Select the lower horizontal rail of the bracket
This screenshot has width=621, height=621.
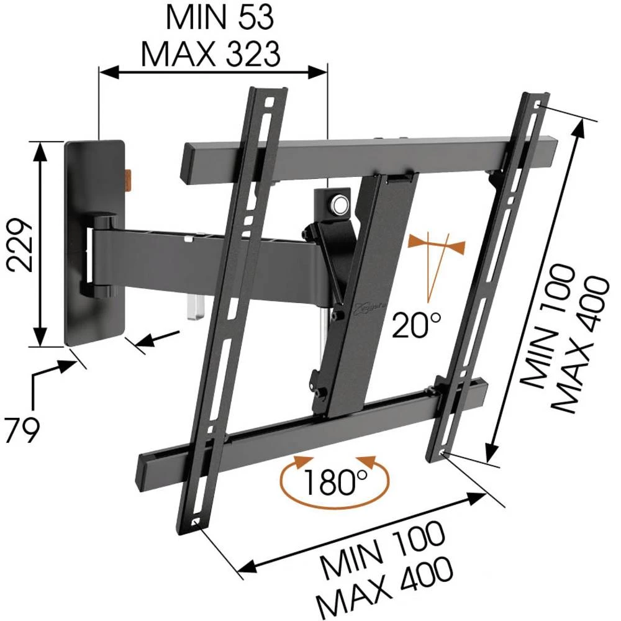[310, 428]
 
